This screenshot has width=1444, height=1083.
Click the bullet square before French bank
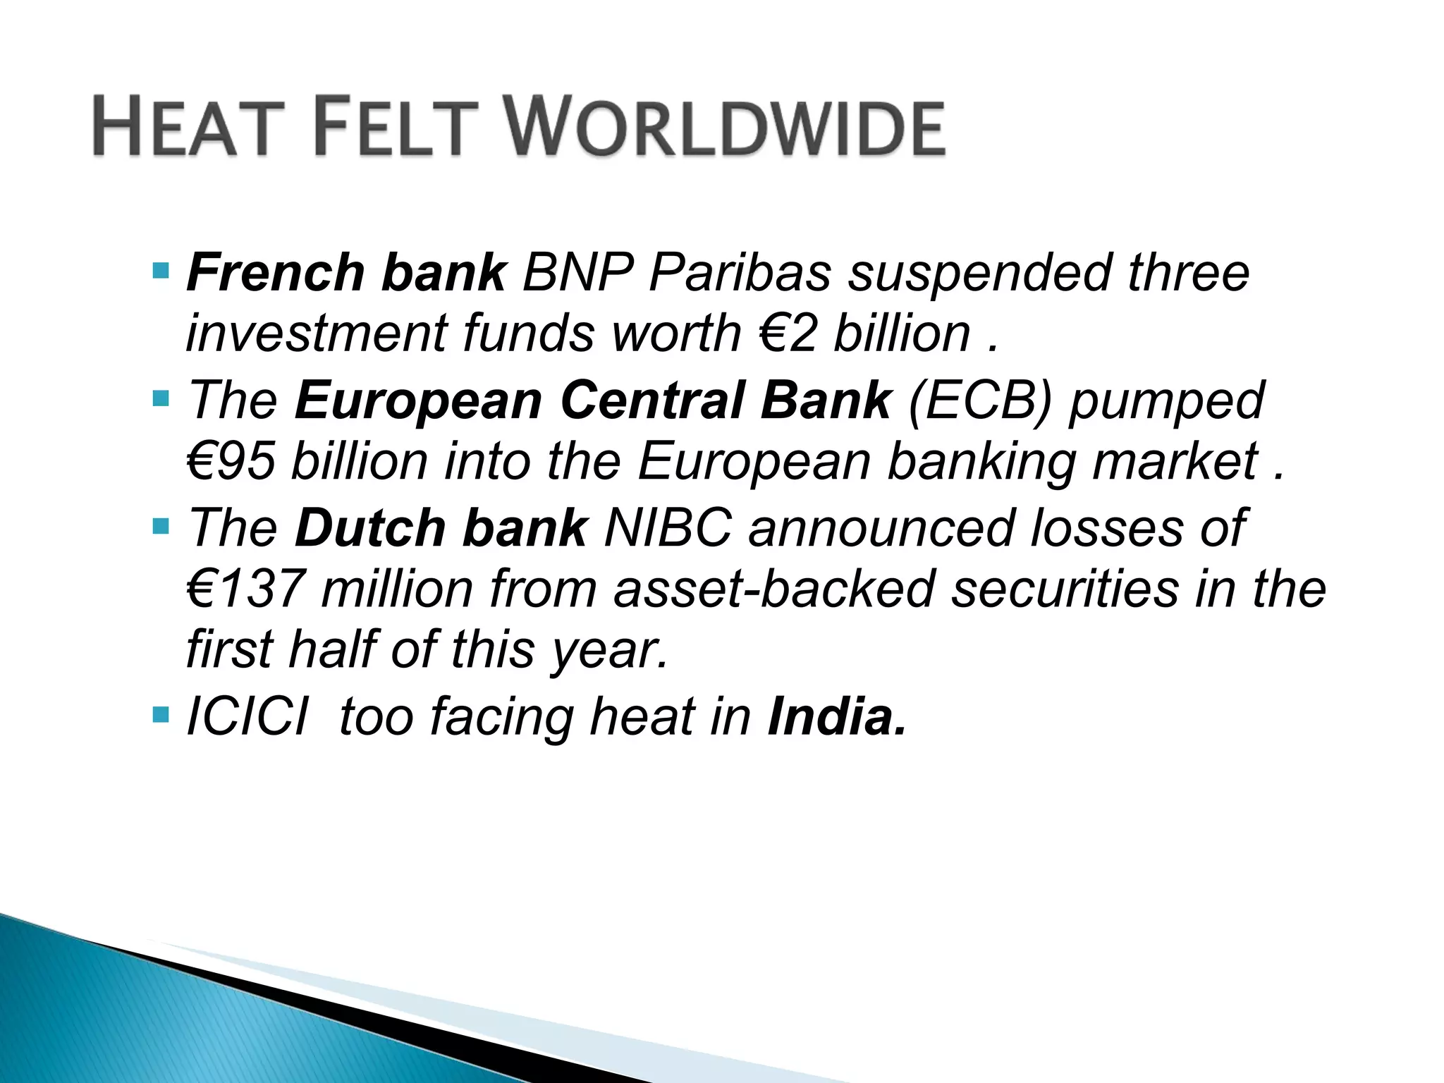point(161,269)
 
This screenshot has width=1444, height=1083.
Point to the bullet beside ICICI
point(161,717)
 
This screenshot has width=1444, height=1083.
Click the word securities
point(1065,589)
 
